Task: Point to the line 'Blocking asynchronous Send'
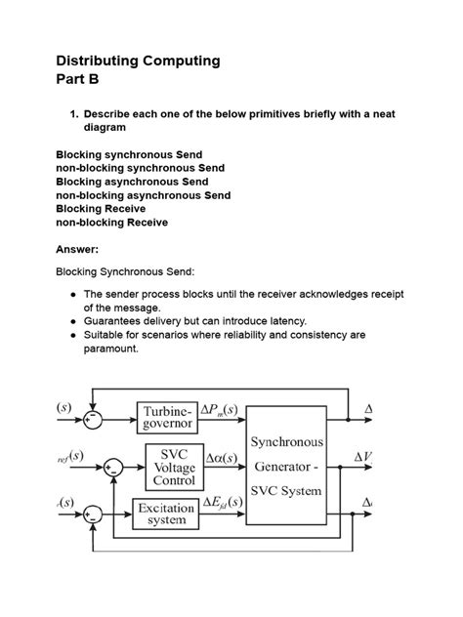tap(132, 182)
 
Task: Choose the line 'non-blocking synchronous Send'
tap(140, 168)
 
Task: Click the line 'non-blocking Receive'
tap(111, 222)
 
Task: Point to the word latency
tap(284, 320)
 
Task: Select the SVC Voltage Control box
tap(174, 467)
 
